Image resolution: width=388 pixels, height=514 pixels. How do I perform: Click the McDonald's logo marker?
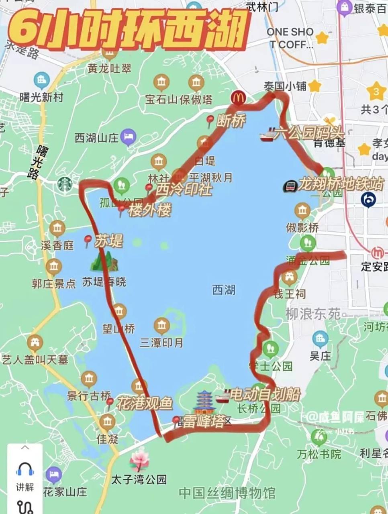(238, 97)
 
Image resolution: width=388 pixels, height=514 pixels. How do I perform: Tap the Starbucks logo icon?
(64, 184)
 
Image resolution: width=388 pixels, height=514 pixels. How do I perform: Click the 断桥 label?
(231, 120)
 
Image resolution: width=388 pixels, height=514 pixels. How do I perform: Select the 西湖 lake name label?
(224, 290)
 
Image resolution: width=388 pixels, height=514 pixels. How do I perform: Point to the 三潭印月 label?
(161, 342)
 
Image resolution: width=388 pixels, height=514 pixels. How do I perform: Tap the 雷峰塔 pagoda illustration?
(204, 403)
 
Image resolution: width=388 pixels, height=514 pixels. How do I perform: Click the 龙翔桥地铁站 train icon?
(290, 186)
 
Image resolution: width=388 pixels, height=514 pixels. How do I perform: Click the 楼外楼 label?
(150, 210)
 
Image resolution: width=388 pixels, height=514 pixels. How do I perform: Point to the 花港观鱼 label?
(145, 403)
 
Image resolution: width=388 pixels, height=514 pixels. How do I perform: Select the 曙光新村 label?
(41, 97)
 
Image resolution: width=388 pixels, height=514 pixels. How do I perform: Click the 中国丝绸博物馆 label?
(227, 493)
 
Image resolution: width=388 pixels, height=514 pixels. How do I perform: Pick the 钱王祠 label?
(290, 294)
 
